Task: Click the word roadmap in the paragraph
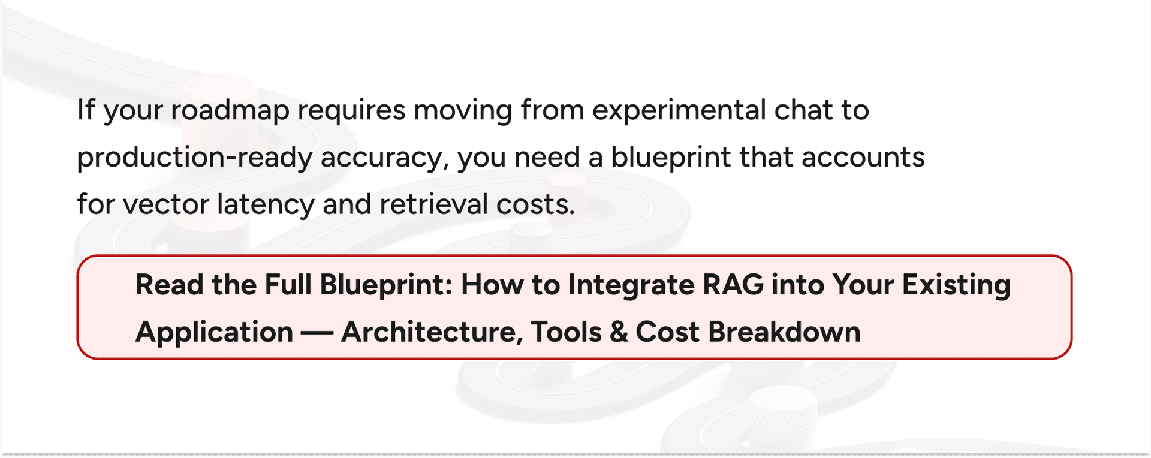point(230,111)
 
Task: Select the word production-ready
point(195,158)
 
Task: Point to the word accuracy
point(384,158)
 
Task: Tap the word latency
point(265,204)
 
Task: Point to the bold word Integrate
point(631,285)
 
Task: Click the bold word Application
point(214,332)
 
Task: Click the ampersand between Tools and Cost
point(619,332)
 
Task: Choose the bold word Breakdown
point(784,332)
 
